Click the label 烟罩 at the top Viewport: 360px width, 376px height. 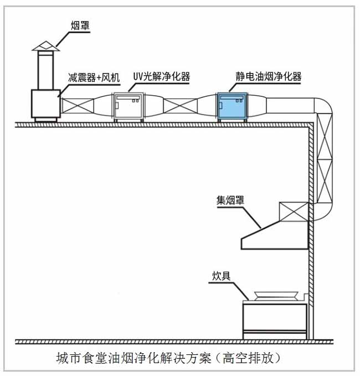coord(81,25)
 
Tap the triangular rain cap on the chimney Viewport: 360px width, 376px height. coord(44,45)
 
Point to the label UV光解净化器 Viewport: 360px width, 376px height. coord(161,77)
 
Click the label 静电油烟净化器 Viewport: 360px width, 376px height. coord(269,76)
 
